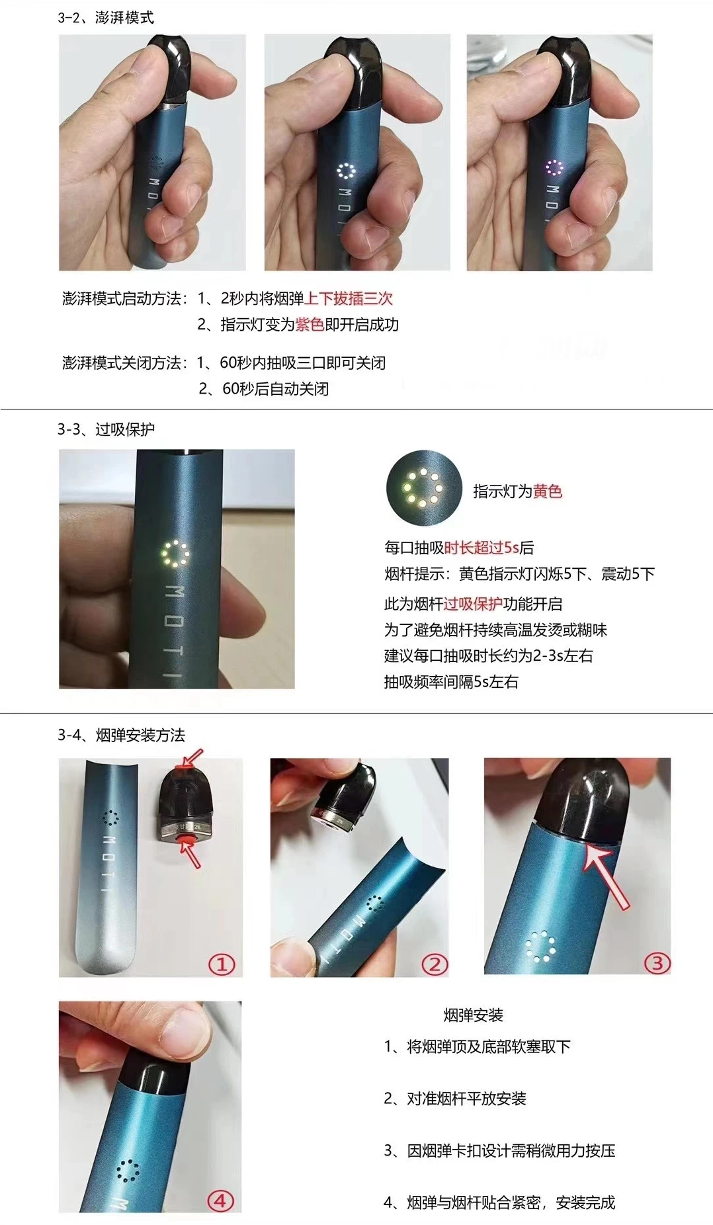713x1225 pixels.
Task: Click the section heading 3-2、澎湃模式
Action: tap(105, 17)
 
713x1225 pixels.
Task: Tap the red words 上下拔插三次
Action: tap(349, 298)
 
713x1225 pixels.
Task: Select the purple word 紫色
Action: tap(310, 325)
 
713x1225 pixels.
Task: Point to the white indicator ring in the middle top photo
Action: tap(346, 171)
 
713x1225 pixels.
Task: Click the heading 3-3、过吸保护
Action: tap(106, 429)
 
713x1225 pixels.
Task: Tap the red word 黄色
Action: tap(548, 491)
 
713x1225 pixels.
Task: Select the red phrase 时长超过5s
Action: tap(482, 548)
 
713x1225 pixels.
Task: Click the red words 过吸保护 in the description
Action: tap(473, 604)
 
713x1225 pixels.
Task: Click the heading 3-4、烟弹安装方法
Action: tap(121, 735)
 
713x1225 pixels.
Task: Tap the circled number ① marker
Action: tap(222, 964)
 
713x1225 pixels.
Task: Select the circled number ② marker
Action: tap(435, 964)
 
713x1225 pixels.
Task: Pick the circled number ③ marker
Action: tap(657, 962)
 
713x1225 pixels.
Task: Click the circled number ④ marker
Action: tap(221, 1201)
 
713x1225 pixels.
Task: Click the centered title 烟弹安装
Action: tap(473, 1015)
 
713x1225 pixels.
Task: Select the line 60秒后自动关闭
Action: tap(275, 389)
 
